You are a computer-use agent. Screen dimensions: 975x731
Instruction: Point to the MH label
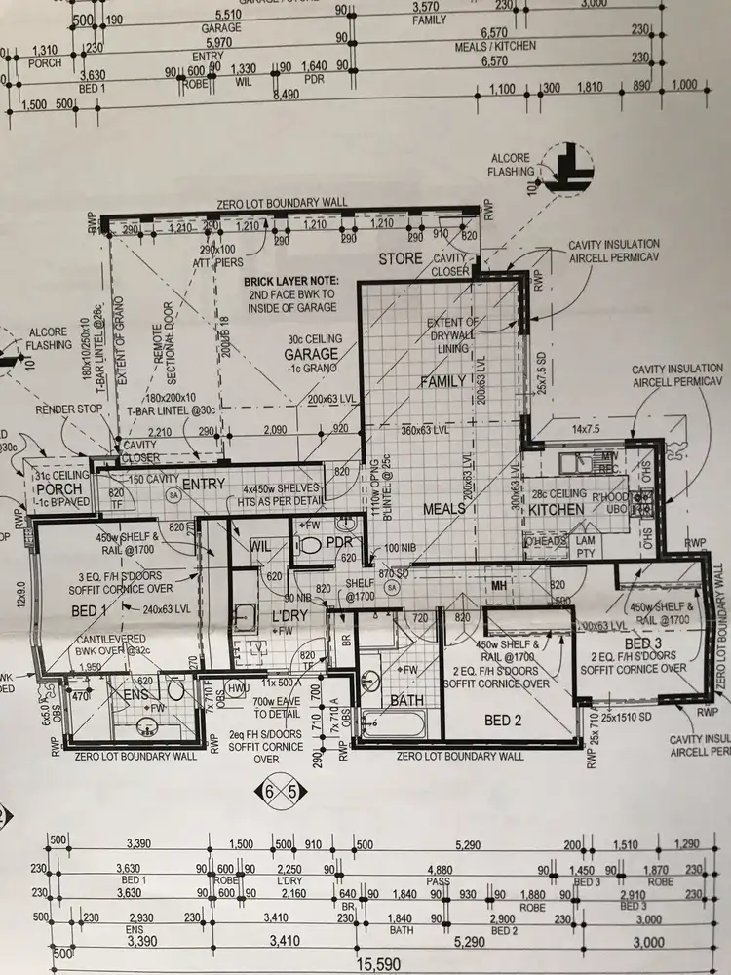click(x=498, y=585)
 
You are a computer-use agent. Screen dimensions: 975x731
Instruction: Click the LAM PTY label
click(x=585, y=546)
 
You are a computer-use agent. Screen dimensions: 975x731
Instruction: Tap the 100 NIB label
click(x=400, y=549)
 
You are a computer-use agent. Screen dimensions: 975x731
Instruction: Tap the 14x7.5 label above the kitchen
click(x=582, y=428)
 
